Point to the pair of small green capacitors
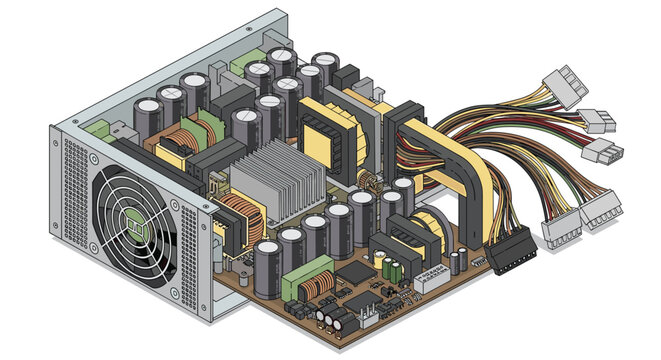click(x=392, y=269)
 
